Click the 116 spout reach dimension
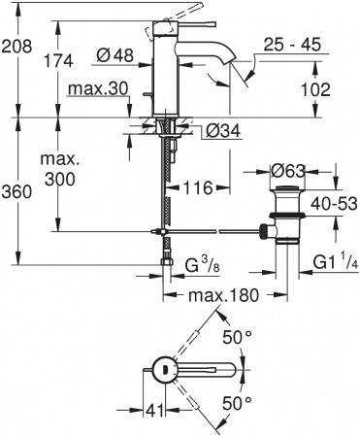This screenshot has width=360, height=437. (x=197, y=185)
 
